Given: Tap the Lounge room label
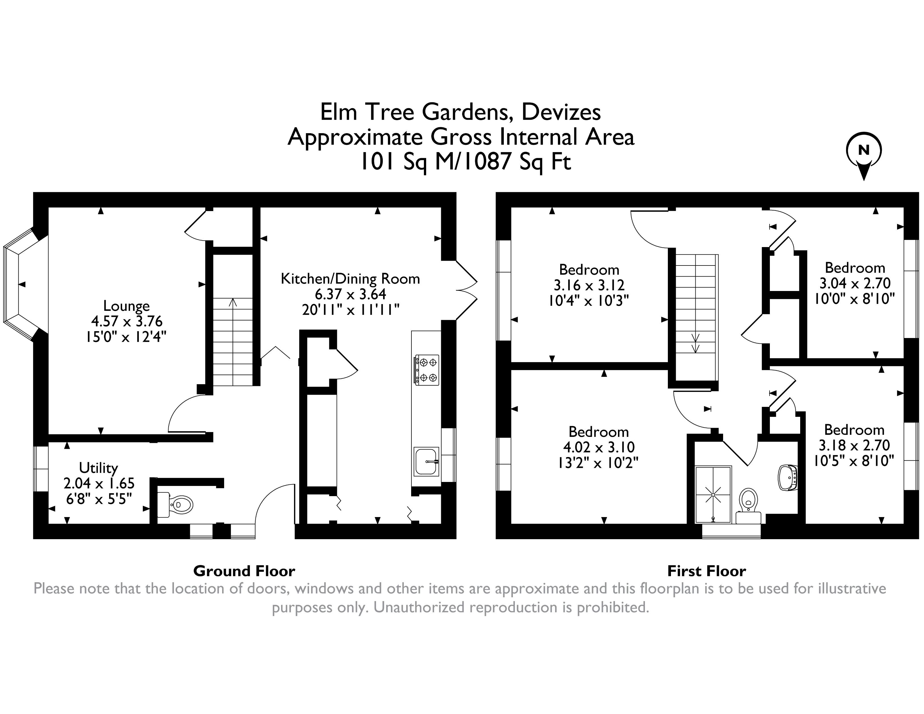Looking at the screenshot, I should coord(126,306).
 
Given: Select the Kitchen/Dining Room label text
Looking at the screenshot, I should coord(350,279).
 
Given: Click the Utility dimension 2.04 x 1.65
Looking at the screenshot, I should coord(99,483).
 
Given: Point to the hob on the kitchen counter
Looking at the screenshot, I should coord(426,369).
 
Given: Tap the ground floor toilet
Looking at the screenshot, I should coord(177,505).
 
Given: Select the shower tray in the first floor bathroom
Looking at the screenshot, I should coord(713,494).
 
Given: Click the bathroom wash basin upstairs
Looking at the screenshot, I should coord(787,478).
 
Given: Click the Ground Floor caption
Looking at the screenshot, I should coord(244,571).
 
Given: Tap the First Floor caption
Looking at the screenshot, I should coord(707,571).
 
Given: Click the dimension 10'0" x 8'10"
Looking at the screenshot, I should coord(854,299).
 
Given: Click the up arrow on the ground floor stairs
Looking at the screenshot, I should coord(233,303).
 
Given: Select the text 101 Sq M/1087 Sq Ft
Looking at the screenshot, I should coord(465,161).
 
